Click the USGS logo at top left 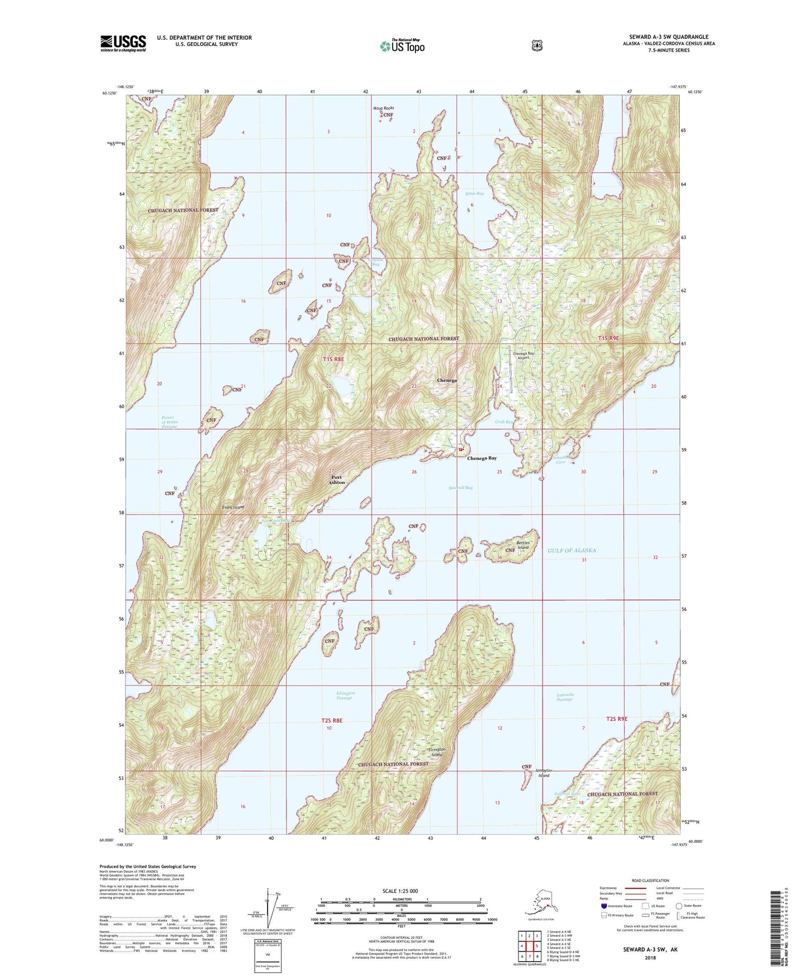point(123,43)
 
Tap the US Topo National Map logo point(402,45)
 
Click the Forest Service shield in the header point(537,45)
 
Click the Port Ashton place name point(336,479)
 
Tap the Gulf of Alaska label point(572,551)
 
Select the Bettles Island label point(522,545)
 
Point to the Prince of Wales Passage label point(169,422)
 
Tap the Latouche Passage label point(565,697)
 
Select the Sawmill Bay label point(460,487)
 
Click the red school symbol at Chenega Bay point(461,449)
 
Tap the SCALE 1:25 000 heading point(400,891)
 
